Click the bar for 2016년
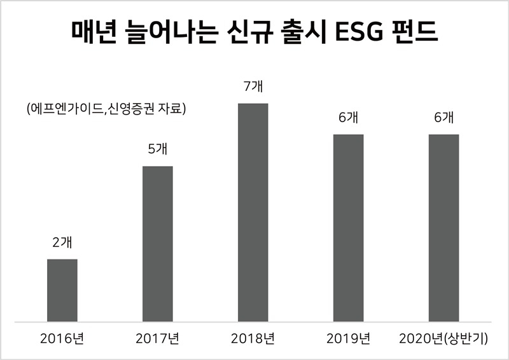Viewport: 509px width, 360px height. point(62,290)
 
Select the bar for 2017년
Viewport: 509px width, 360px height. point(158,244)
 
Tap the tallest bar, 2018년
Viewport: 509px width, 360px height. point(253,212)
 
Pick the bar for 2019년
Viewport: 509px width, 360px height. point(348,228)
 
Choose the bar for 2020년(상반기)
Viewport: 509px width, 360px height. point(443,228)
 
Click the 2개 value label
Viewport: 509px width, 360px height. point(62,242)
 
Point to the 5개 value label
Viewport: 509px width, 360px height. point(158,149)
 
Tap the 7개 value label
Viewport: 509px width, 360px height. point(253,87)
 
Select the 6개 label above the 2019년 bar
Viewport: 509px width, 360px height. point(348,118)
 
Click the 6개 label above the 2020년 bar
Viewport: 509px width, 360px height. point(443,118)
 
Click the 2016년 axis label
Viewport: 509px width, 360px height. point(62,338)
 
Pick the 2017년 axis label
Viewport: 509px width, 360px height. point(158,338)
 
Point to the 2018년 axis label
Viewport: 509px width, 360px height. point(253,338)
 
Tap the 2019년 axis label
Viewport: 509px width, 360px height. point(348,338)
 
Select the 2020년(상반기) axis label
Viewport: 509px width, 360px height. point(443,338)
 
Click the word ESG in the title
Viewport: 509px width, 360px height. point(359,32)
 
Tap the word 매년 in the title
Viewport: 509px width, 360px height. point(94,32)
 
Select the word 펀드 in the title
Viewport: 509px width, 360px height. point(416,32)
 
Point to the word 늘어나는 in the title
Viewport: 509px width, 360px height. point(171,32)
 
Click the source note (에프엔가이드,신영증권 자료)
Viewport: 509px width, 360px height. point(106,109)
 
